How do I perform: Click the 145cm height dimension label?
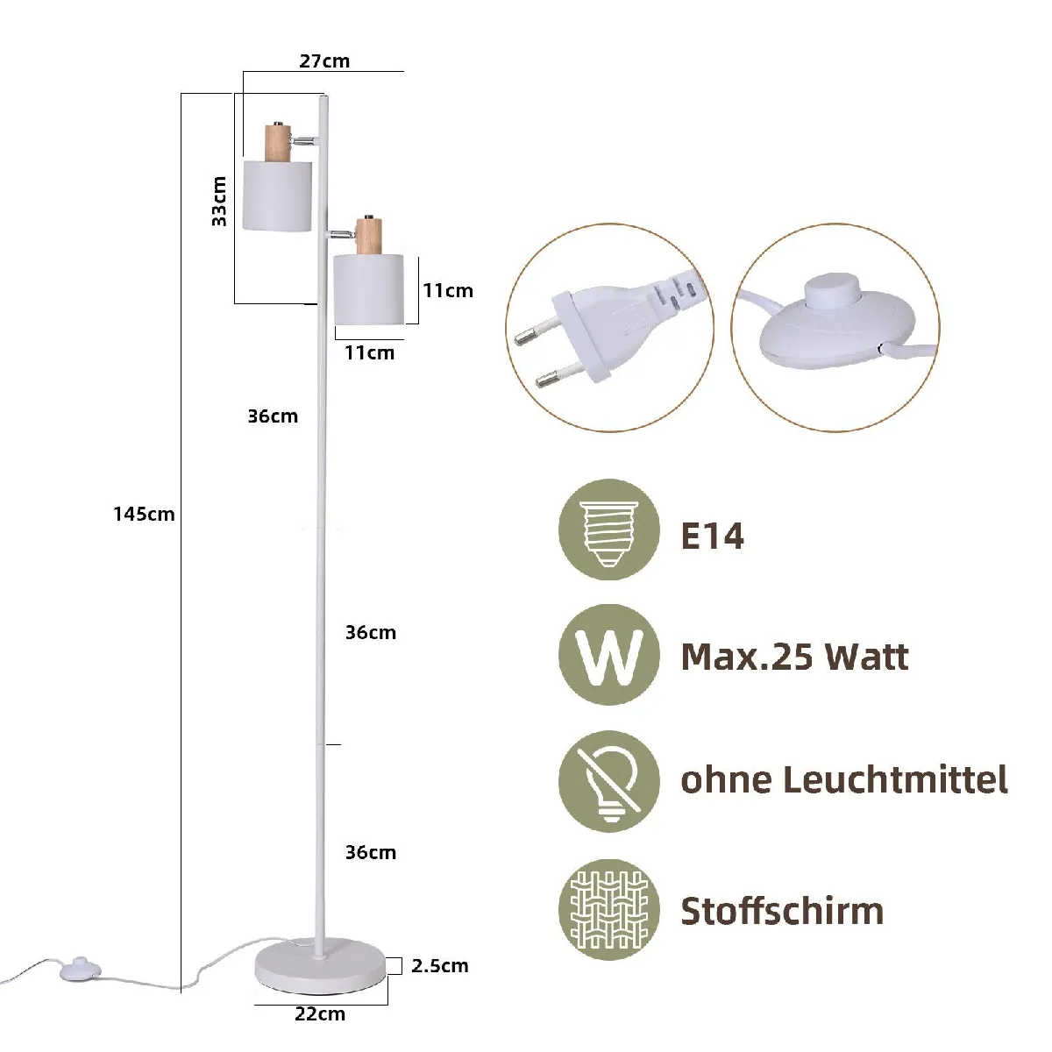(x=144, y=514)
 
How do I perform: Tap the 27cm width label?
(x=324, y=60)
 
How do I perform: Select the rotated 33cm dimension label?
(x=219, y=201)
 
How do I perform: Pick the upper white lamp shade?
(x=277, y=195)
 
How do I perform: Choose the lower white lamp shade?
(x=368, y=289)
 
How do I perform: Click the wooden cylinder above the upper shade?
(x=277, y=143)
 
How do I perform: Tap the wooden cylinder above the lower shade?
(x=369, y=237)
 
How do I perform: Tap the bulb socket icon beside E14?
(x=608, y=529)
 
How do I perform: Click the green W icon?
(x=608, y=655)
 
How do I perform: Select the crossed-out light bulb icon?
(x=608, y=780)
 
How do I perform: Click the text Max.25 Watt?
(x=794, y=657)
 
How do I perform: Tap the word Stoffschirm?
(x=782, y=911)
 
